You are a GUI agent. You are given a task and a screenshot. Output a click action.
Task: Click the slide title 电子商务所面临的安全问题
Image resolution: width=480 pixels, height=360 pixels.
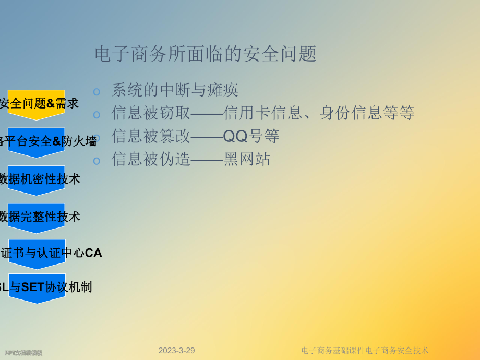tap(205, 54)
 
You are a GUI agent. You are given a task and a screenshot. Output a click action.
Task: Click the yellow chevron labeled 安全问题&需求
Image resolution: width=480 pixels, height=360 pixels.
tap(37, 103)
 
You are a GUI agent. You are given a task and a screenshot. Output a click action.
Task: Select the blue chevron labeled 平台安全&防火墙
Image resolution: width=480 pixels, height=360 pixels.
tap(37, 141)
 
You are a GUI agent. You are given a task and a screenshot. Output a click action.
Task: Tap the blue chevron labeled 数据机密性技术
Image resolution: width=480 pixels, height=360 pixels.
tap(37, 179)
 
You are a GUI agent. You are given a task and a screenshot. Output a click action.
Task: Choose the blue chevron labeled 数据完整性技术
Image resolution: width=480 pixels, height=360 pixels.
tap(37, 217)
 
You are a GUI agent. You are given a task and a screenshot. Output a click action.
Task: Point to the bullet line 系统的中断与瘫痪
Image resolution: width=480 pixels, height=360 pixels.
tap(175, 90)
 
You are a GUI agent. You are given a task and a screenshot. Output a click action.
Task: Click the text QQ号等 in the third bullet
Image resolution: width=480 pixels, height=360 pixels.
tap(250, 136)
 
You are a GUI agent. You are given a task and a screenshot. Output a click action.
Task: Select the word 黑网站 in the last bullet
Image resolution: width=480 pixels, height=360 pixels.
tap(247, 159)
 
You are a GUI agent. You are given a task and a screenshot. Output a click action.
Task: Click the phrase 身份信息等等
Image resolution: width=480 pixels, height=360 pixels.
tap(367, 113)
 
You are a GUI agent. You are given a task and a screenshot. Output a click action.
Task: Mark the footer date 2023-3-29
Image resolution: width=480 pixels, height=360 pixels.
tap(176, 351)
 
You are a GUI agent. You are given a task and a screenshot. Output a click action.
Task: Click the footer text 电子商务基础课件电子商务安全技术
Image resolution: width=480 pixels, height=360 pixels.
tap(365, 351)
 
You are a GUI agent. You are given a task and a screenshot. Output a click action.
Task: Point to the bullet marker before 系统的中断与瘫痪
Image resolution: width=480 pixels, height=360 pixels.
tap(97, 92)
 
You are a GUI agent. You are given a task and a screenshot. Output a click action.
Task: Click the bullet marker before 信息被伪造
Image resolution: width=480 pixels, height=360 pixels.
tap(97, 161)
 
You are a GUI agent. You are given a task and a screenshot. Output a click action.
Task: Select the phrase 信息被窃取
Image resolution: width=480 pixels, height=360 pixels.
tap(151, 113)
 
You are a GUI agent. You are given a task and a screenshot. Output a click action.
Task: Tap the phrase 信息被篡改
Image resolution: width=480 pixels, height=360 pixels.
tap(151, 136)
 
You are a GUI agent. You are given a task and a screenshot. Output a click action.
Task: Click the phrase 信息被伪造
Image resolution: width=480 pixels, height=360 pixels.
tap(151, 159)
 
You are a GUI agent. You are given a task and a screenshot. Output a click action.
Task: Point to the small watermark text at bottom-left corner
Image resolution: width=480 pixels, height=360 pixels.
tap(23, 353)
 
